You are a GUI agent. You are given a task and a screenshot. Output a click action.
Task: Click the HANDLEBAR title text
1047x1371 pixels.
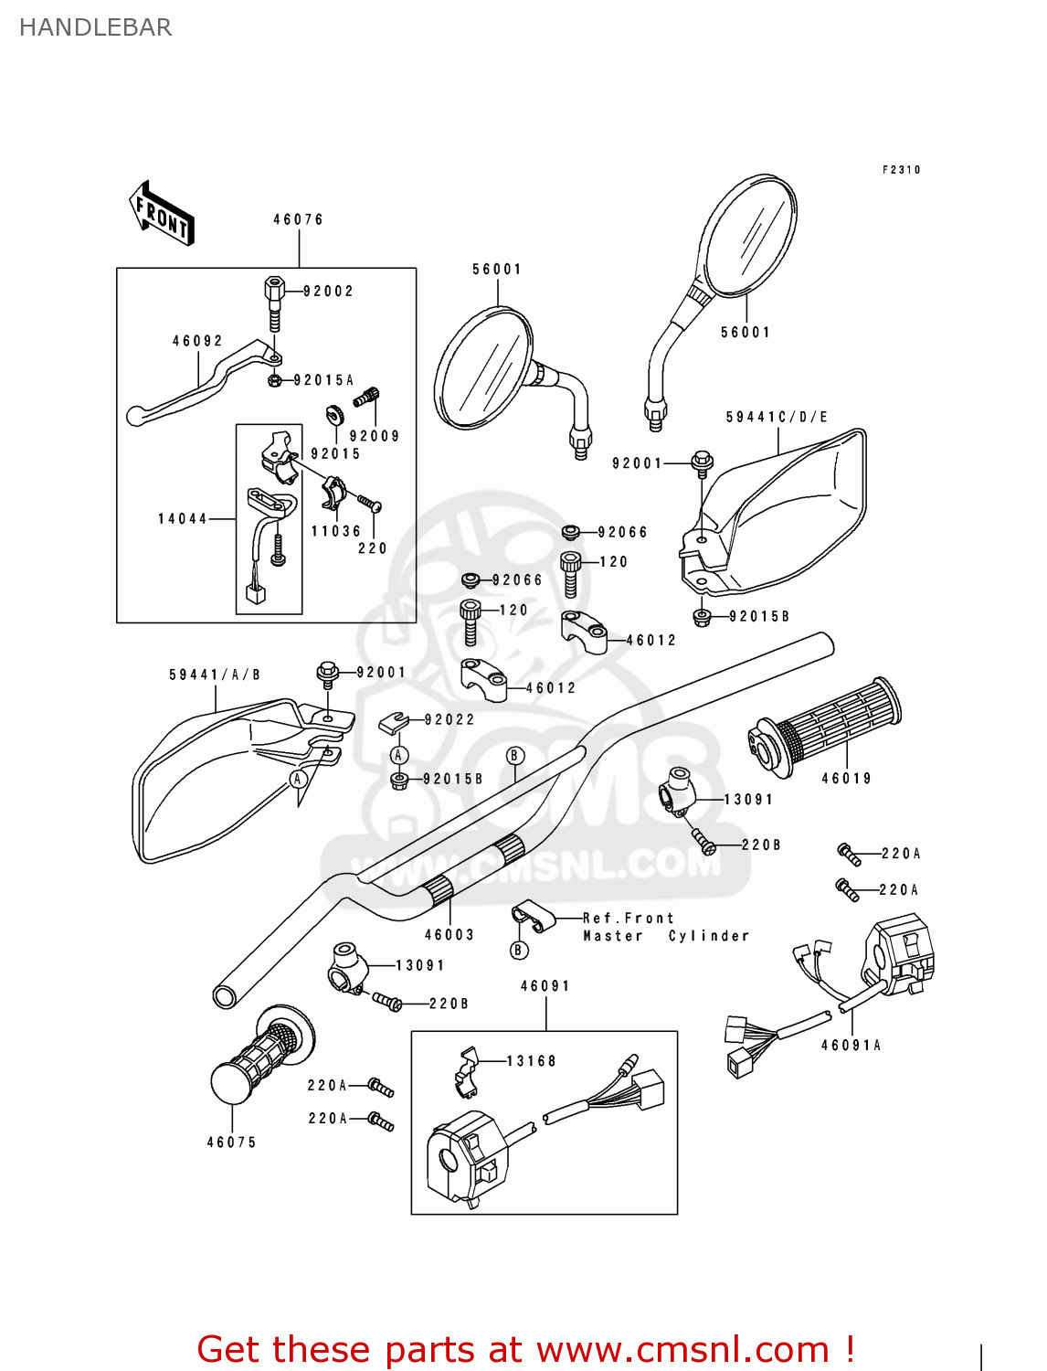click(x=95, y=27)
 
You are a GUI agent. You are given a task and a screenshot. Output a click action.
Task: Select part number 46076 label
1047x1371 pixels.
click(x=298, y=219)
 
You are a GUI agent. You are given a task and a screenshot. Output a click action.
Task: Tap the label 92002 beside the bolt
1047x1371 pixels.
click(x=328, y=291)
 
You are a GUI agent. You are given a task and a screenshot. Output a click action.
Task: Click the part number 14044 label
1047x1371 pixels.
click(x=183, y=518)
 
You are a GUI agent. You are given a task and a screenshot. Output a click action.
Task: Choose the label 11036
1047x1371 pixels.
click(x=335, y=531)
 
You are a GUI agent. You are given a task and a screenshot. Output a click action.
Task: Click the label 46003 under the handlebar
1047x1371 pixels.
click(x=449, y=934)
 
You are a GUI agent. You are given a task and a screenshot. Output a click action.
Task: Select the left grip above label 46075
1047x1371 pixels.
click(x=259, y=1059)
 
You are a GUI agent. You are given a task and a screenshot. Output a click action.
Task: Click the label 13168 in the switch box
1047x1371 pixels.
click(x=531, y=1060)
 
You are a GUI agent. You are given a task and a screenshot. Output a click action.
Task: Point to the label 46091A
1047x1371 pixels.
click(x=851, y=1045)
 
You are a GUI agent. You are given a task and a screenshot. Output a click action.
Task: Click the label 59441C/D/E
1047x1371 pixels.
click(x=777, y=417)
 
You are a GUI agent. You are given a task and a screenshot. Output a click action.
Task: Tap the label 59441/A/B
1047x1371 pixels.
click(x=215, y=675)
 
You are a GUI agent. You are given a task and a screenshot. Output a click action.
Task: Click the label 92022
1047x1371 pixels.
click(x=449, y=719)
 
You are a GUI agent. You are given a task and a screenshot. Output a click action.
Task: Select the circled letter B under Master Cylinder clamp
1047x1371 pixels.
click(x=519, y=950)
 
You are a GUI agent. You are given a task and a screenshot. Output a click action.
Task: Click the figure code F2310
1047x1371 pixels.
click(x=901, y=170)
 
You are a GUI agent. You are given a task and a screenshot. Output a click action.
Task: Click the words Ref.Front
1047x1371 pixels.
click(x=628, y=918)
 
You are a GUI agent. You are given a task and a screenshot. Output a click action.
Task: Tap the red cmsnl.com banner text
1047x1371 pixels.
click(x=525, y=1349)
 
